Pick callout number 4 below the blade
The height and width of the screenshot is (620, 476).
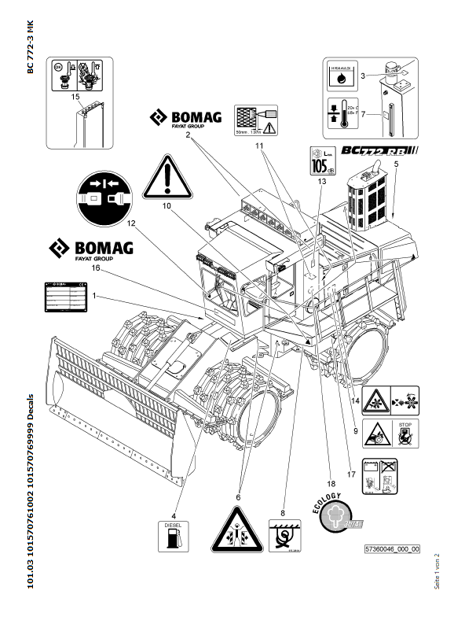pos(174,494)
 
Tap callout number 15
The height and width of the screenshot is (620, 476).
pos(75,97)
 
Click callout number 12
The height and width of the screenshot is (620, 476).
pos(132,223)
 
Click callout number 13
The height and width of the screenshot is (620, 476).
pos(321,181)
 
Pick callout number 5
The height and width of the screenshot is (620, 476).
pos(396,163)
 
